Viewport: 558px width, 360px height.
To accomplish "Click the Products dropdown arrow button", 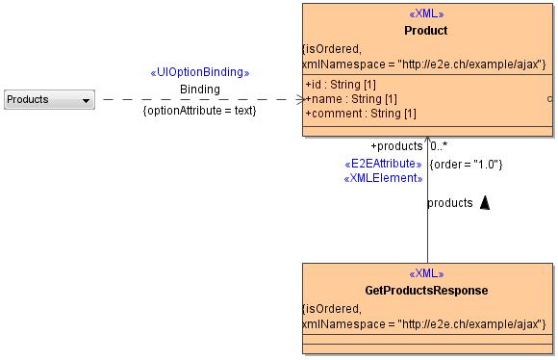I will [86, 99].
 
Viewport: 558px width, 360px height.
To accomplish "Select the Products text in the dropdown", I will [28, 99].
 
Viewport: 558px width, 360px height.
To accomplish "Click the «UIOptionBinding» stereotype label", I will [200, 72].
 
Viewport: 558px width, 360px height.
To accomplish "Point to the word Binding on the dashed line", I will [200, 90].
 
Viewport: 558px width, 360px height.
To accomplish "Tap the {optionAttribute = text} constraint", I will [199, 111].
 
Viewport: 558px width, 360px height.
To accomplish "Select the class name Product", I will [426, 31].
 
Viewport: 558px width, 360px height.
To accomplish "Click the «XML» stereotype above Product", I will [426, 15].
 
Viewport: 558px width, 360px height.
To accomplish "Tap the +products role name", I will [396, 146].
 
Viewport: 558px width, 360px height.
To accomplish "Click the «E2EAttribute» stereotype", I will [383, 164].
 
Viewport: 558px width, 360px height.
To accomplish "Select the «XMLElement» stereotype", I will [383, 178].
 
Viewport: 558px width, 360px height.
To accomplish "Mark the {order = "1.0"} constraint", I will [466, 164].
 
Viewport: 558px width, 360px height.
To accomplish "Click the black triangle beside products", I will [485, 202].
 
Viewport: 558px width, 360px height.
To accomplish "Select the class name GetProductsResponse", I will [426, 291].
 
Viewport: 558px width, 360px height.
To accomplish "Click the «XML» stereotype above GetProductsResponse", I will [426, 274].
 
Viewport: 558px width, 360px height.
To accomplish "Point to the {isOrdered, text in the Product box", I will [331, 48].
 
